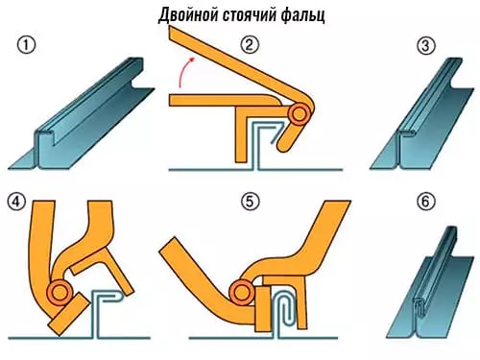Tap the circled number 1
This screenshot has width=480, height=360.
coord(28,46)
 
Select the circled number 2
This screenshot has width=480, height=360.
coord(252,45)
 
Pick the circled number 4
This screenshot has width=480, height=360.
coord(16,202)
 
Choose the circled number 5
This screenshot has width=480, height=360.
coord(252,202)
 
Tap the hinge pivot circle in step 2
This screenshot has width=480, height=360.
coord(300,114)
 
